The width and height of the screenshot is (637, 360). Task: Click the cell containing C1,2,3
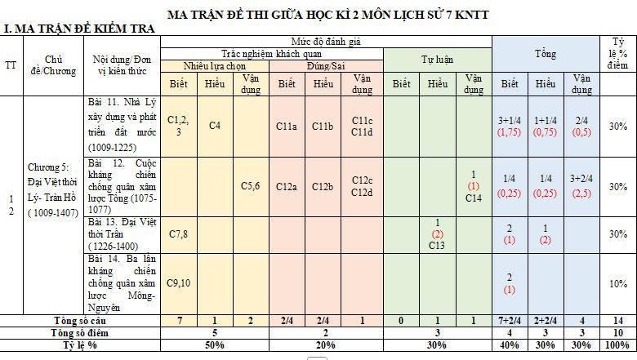pos(178,126)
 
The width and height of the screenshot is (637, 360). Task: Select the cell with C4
pos(214,126)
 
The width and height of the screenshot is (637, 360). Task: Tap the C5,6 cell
pos(250,186)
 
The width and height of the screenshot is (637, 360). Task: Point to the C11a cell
pos(286,126)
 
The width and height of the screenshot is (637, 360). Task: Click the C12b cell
pos(323,186)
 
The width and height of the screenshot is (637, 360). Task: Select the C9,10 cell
pos(178,282)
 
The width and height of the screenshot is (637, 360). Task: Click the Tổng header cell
pos(546,54)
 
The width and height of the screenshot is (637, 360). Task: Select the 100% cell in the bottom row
pos(617,345)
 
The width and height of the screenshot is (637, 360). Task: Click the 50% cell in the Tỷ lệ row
pos(214,345)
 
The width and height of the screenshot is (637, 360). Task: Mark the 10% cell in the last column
pos(617,282)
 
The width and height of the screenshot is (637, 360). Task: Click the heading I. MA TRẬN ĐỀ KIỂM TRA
pos(78,29)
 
